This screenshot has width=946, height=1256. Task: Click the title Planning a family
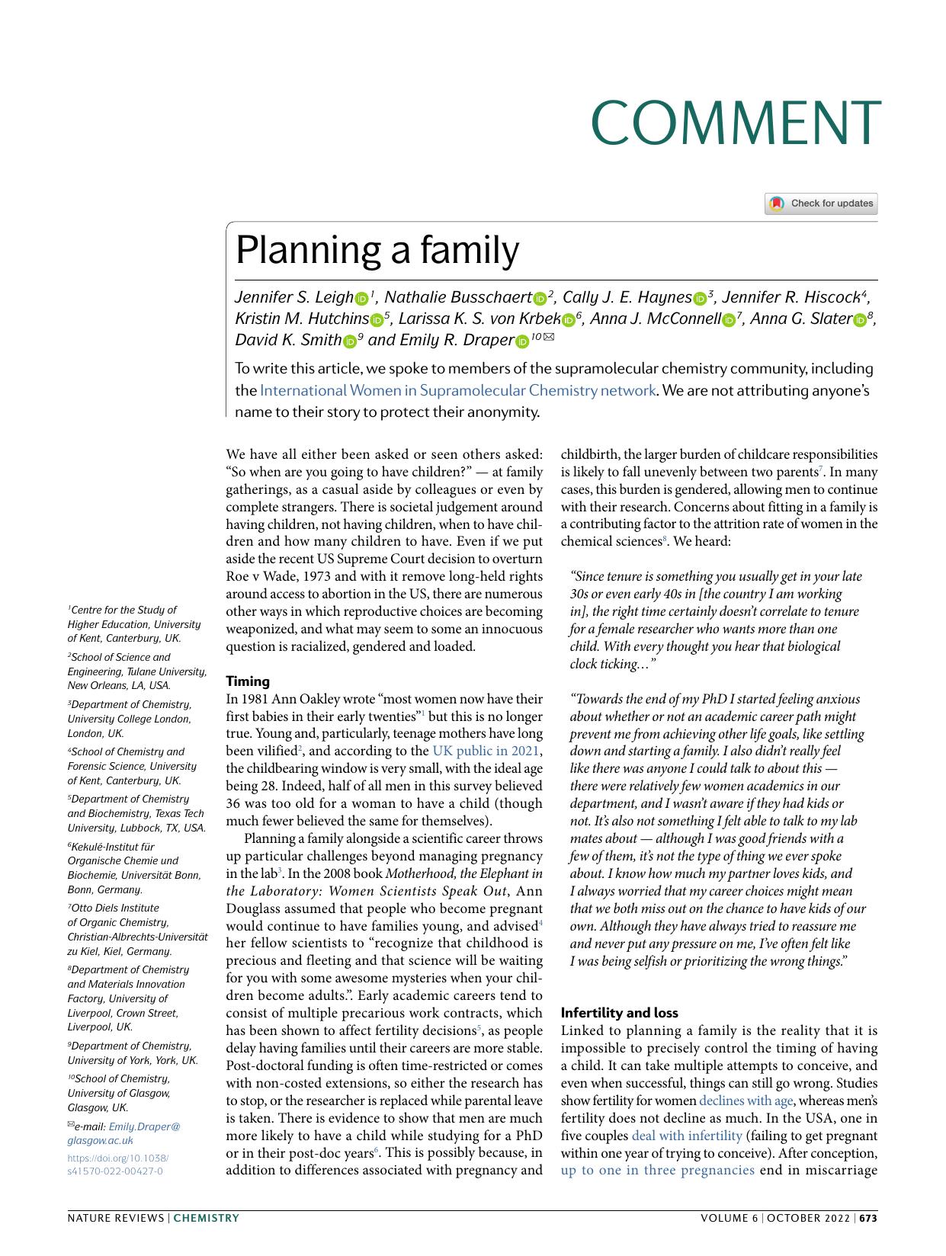tap(377, 250)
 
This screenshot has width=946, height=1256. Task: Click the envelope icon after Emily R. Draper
tap(549, 336)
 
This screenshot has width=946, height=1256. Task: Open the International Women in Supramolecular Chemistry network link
tap(457, 390)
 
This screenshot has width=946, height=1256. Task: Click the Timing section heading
tap(248, 681)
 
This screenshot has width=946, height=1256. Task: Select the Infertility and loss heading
tap(619, 1013)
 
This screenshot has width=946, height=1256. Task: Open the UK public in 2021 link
tap(485, 751)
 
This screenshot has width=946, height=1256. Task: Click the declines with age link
tap(746, 1101)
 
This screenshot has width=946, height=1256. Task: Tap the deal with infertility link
tap(686, 1136)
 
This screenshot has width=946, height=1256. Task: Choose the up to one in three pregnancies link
tap(657, 1170)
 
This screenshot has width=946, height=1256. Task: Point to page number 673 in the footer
tap(868, 1218)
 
